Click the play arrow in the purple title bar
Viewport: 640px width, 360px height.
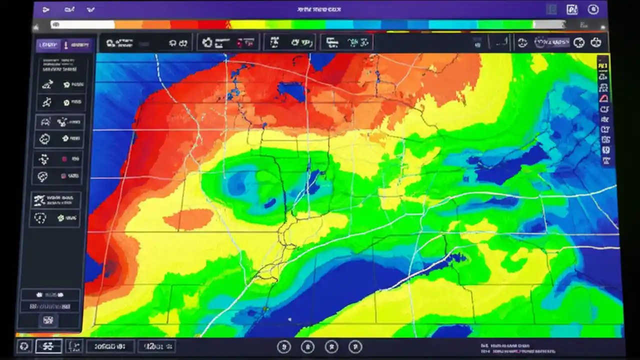coord(46,9)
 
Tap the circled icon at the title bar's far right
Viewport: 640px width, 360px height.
coord(593,9)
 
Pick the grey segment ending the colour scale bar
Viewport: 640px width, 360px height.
coord(549,24)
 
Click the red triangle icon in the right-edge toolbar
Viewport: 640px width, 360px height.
coord(604,98)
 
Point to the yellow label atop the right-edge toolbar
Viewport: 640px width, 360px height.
coord(603,65)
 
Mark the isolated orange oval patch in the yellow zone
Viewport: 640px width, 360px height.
coord(188,219)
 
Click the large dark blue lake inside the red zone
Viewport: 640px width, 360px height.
coord(291,91)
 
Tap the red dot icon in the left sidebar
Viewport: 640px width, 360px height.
coord(64,159)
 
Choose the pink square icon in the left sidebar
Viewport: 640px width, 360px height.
coord(63,176)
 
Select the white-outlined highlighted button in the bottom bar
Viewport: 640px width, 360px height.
coord(48,346)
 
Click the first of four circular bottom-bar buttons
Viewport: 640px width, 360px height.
coord(283,346)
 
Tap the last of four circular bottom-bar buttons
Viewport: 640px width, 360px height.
coord(355,346)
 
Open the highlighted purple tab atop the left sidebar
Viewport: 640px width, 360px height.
coord(48,45)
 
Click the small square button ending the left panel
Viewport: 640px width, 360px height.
coord(49,320)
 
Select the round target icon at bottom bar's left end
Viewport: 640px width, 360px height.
coord(24,346)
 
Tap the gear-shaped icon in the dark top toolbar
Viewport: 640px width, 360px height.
coord(207,42)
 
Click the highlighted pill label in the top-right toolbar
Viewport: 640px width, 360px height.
coord(552,42)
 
